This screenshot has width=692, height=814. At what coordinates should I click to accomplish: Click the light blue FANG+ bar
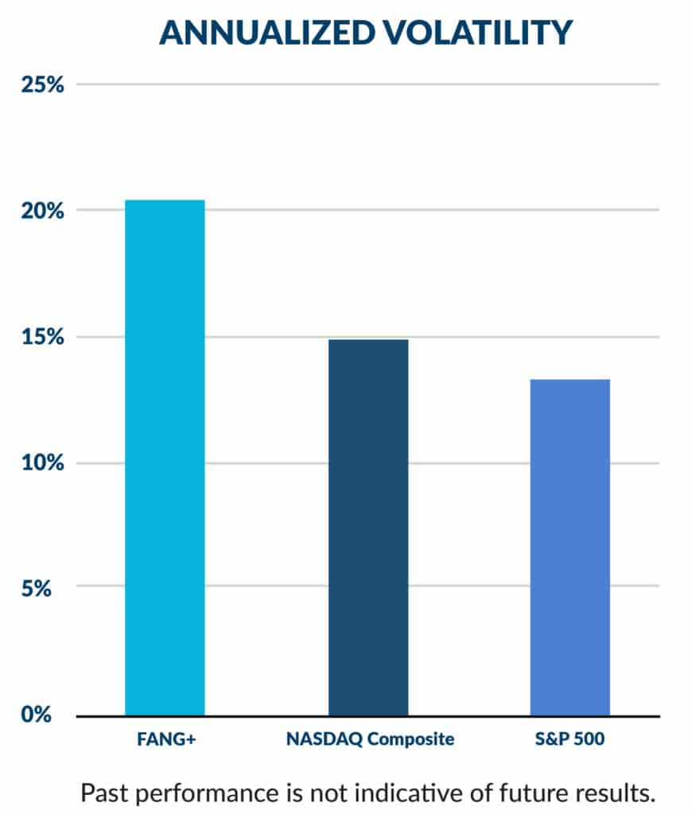click(x=165, y=457)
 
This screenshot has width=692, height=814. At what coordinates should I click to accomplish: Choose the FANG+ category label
click(x=165, y=739)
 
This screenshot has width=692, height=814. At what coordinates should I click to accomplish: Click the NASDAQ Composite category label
click(x=370, y=739)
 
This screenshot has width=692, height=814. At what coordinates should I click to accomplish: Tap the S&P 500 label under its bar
click(x=570, y=739)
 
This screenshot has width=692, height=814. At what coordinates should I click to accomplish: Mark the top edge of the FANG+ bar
click(x=165, y=200)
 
